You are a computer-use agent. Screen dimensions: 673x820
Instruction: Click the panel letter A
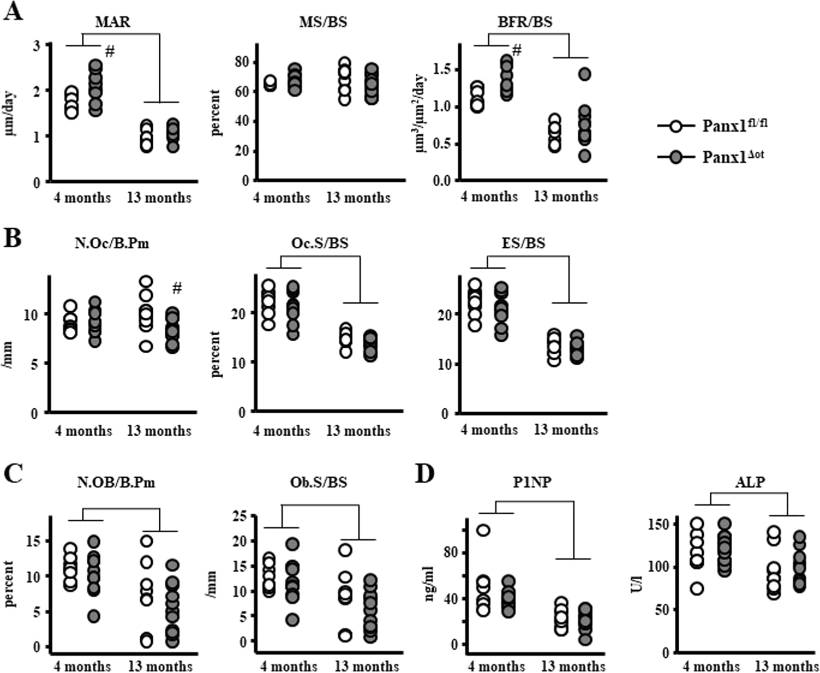click(x=13, y=11)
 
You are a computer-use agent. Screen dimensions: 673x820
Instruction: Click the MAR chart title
click(x=113, y=22)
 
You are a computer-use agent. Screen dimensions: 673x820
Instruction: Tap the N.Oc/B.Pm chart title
click(x=113, y=244)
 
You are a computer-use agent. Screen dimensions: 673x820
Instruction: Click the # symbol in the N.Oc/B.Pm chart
click(x=177, y=288)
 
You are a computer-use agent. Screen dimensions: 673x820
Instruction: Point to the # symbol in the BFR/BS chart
click(x=517, y=50)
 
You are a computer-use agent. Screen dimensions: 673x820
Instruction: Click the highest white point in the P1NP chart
click(x=483, y=530)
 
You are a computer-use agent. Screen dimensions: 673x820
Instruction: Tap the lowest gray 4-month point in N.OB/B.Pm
click(x=94, y=617)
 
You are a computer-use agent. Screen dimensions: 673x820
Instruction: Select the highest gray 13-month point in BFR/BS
click(x=585, y=74)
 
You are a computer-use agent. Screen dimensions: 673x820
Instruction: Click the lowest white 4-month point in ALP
click(x=697, y=589)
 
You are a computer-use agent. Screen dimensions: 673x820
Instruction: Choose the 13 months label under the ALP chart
click(x=787, y=667)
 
